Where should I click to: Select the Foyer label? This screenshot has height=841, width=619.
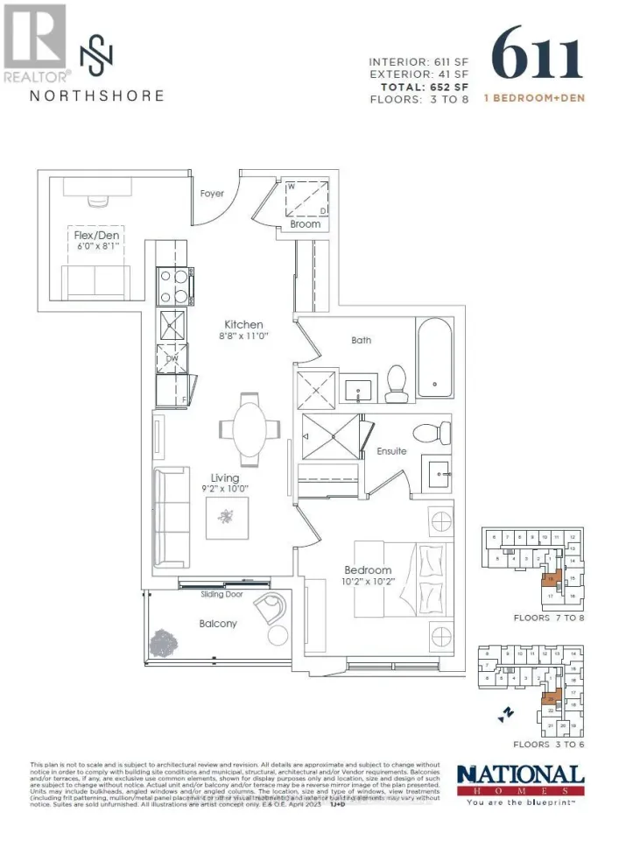click(213, 194)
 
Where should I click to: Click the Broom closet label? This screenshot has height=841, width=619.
click(306, 224)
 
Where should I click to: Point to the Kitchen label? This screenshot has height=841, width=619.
click(243, 325)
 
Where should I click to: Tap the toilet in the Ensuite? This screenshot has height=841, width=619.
click(430, 433)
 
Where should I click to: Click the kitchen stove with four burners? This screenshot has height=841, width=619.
click(171, 285)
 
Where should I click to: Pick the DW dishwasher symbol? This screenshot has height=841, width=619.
click(172, 357)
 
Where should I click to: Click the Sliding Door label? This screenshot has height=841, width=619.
click(226, 595)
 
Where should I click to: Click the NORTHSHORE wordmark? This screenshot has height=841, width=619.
click(96, 95)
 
